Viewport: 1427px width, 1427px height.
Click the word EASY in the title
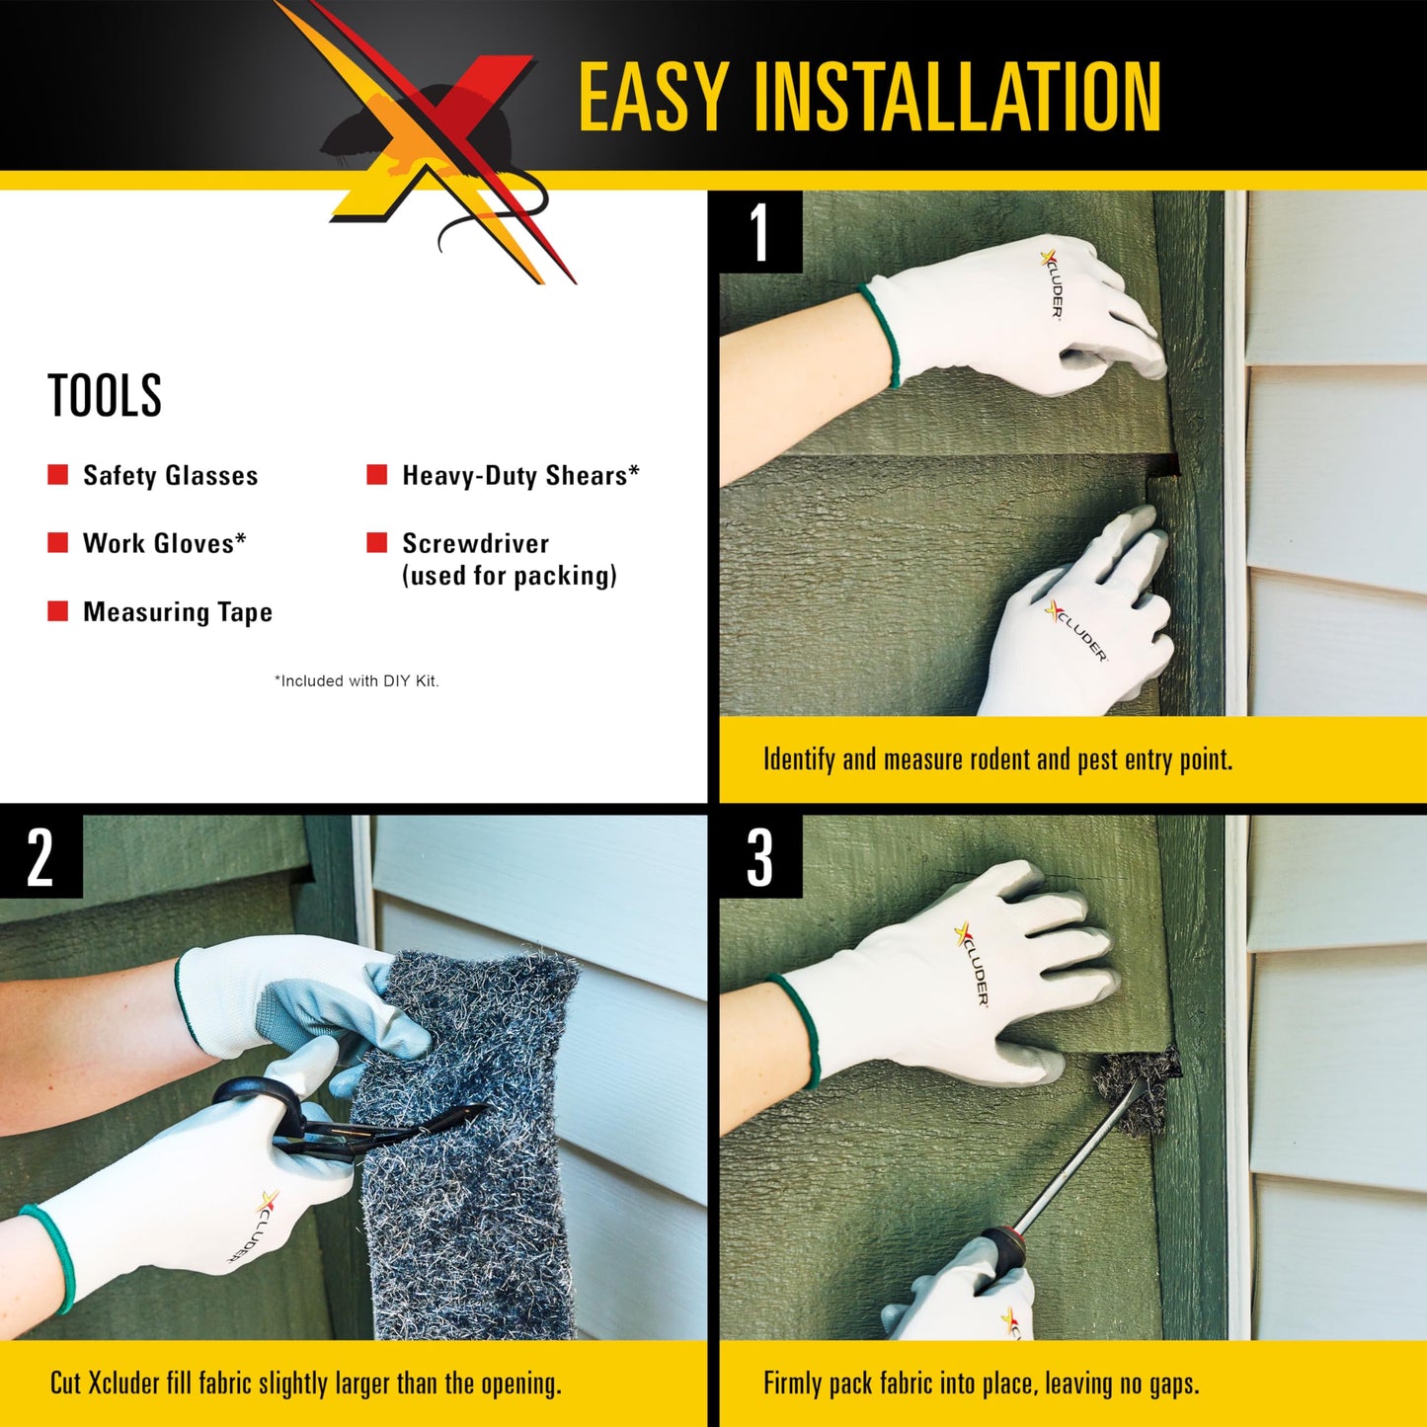(x=653, y=96)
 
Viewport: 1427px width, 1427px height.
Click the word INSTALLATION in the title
(x=957, y=96)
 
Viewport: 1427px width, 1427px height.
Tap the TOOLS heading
(x=105, y=396)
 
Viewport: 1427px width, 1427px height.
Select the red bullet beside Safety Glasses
(x=58, y=475)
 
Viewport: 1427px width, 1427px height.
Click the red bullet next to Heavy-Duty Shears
(x=377, y=475)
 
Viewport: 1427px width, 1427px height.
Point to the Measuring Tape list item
(x=177, y=612)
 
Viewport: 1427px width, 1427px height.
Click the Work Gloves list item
(x=164, y=543)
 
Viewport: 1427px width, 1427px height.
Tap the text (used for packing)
(x=509, y=576)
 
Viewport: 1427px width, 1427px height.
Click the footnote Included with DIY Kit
(x=357, y=680)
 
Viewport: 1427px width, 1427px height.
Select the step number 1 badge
(x=759, y=233)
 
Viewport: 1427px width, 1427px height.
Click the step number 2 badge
(x=40, y=856)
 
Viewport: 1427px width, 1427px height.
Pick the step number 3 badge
(x=759, y=856)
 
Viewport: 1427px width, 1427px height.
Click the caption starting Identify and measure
(x=997, y=759)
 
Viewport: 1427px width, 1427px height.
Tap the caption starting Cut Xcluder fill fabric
(x=305, y=1383)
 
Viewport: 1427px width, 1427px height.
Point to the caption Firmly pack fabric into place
(x=981, y=1383)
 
